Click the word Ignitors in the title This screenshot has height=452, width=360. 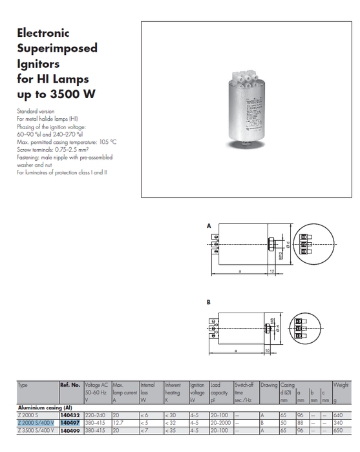tap(38, 64)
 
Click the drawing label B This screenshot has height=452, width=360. tap(209, 302)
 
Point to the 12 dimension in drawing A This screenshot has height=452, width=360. tap(273, 272)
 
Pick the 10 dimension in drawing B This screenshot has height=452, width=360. tap(267, 351)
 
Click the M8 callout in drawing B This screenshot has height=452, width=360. tap(274, 320)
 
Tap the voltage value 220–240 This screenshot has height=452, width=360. tap(95, 415)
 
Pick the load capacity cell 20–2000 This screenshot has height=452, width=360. tap(220, 422)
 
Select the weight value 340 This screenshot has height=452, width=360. tap(338, 422)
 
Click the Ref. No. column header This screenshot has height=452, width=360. tap(70, 385)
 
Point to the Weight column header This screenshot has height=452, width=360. tap(340, 385)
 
